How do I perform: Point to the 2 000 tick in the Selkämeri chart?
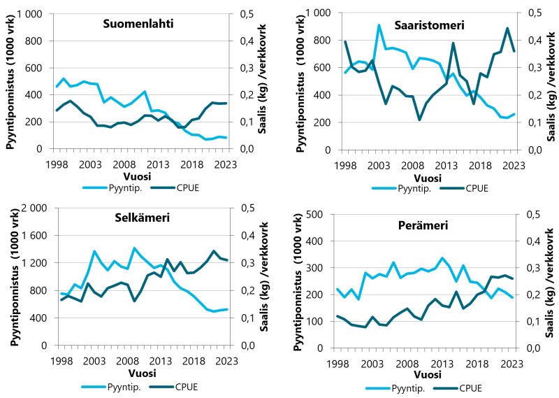coord(34,208)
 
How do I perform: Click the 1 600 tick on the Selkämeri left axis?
coord(34,236)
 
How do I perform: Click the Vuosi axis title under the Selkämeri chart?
coord(144,374)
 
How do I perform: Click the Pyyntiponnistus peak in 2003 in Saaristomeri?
coord(379,25)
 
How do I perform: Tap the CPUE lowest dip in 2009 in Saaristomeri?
coord(419,120)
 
